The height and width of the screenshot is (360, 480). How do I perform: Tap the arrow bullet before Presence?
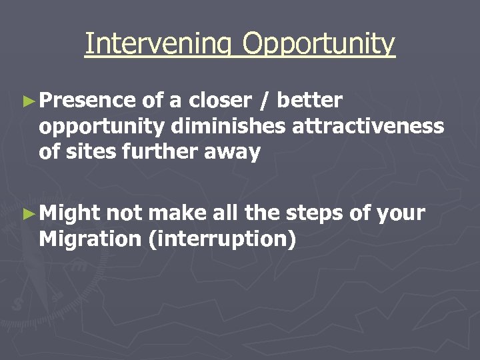point(27,101)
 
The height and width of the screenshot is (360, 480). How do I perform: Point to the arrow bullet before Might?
point(27,214)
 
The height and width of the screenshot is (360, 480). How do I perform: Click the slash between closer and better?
point(265,101)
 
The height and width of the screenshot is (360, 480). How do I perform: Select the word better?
point(309,101)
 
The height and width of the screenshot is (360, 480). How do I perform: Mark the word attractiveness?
point(368,127)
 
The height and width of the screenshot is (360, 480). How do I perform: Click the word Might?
point(69,214)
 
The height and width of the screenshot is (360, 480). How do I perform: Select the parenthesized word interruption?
point(223,239)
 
